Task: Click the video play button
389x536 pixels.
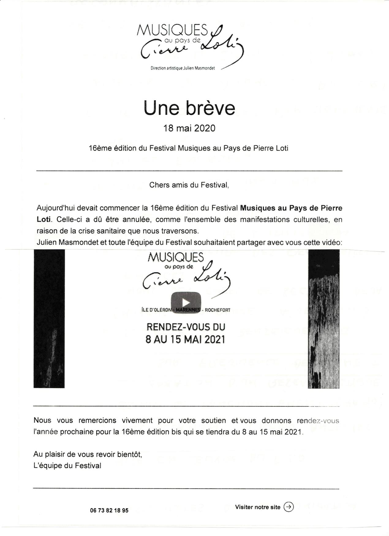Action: [x=186, y=303]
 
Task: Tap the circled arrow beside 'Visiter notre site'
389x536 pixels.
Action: [x=289, y=507]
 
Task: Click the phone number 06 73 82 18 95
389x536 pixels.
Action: [x=109, y=511]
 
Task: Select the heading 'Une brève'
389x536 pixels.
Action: [x=189, y=108]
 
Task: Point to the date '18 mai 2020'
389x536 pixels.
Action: [x=189, y=128]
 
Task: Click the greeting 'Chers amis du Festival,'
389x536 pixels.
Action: [x=189, y=185]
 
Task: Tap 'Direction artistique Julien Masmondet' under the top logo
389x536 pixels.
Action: [x=183, y=68]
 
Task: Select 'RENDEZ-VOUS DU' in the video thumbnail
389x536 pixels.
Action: [x=186, y=327]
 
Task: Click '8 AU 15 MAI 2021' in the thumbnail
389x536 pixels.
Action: [x=185, y=340]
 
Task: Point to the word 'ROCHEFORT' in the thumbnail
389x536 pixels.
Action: [x=217, y=310]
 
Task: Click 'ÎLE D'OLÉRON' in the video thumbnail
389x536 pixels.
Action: [x=157, y=310]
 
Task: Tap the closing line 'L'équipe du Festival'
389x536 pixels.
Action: [x=67, y=466]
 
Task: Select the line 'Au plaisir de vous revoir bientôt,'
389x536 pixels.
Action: [x=88, y=454]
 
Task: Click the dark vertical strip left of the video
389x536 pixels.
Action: [x=49, y=319]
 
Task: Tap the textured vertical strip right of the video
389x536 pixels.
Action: [x=323, y=319]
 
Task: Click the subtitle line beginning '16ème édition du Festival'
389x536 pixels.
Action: [x=188, y=148]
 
